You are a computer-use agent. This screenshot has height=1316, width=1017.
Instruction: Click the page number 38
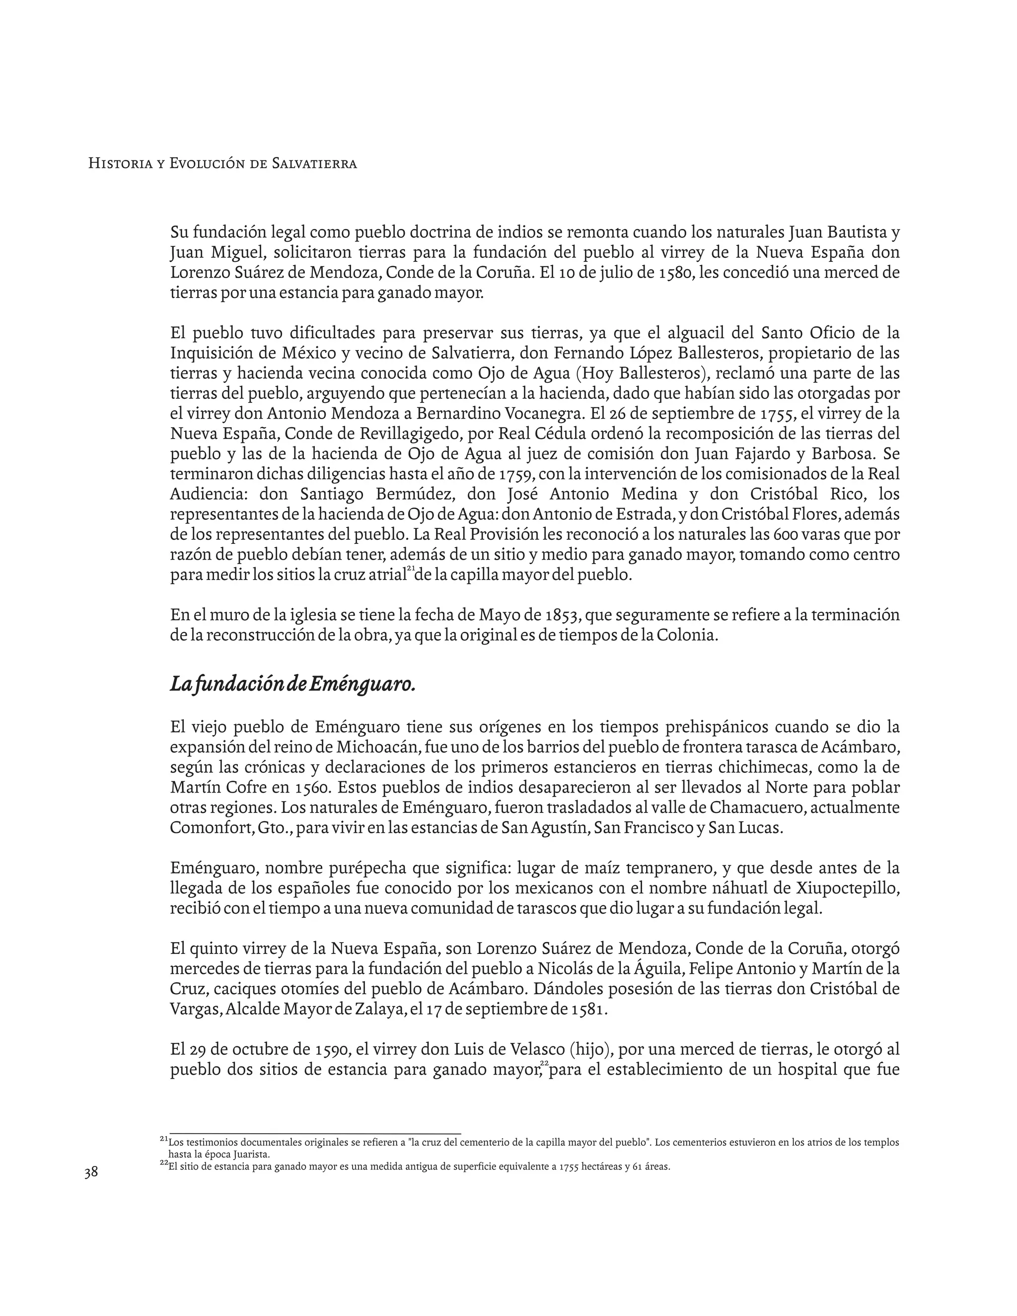91,1172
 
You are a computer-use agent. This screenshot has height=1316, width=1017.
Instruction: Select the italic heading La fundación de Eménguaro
293,684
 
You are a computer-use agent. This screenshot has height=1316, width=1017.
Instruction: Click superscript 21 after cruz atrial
411,568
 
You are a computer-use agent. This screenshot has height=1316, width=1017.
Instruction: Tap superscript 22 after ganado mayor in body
544,1062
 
